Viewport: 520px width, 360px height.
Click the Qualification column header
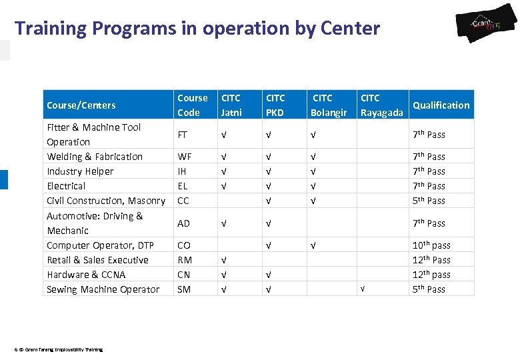click(441, 105)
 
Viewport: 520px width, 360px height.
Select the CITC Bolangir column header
click(329, 105)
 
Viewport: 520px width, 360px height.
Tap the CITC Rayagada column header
click(381, 105)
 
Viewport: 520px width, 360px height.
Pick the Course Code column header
click(192, 105)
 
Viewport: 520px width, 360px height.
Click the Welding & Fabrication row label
click(95, 157)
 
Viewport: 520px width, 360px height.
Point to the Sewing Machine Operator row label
click(103, 289)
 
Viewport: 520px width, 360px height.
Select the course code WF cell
click(184, 157)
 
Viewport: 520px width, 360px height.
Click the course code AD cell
click(184, 223)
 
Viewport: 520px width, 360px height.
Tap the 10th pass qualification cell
click(431, 245)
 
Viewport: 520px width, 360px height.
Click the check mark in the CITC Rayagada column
click(362, 289)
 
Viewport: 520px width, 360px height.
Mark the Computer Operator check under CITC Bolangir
click(313, 245)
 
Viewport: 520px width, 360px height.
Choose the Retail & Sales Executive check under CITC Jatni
click(224, 260)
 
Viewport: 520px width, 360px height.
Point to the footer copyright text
click(58, 349)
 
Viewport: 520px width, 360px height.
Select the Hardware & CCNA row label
click(86, 275)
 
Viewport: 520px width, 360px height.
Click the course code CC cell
click(183, 201)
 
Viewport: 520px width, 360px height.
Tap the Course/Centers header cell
click(81, 105)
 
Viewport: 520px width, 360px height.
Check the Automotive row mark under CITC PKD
click(268, 223)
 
